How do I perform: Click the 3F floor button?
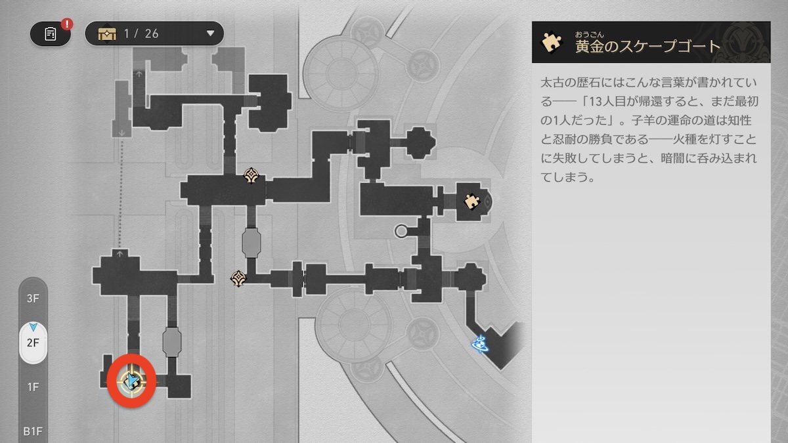tap(33, 298)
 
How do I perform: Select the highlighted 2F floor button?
tap(33, 343)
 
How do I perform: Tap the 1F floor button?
tap(33, 387)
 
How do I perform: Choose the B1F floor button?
tap(33, 431)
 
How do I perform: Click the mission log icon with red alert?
tap(51, 34)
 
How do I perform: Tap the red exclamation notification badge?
tap(67, 24)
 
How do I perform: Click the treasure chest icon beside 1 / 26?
tap(107, 34)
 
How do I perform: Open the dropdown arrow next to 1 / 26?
tap(210, 33)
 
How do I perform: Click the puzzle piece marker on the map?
tap(471, 201)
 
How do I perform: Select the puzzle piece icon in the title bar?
tap(551, 43)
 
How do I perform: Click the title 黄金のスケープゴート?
tap(647, 46)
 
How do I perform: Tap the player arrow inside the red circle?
tap(133, 380)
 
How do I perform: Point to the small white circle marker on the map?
tap(401, 230)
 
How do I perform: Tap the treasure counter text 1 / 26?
tap(141, 33)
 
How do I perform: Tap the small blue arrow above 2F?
tap(33, 326)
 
